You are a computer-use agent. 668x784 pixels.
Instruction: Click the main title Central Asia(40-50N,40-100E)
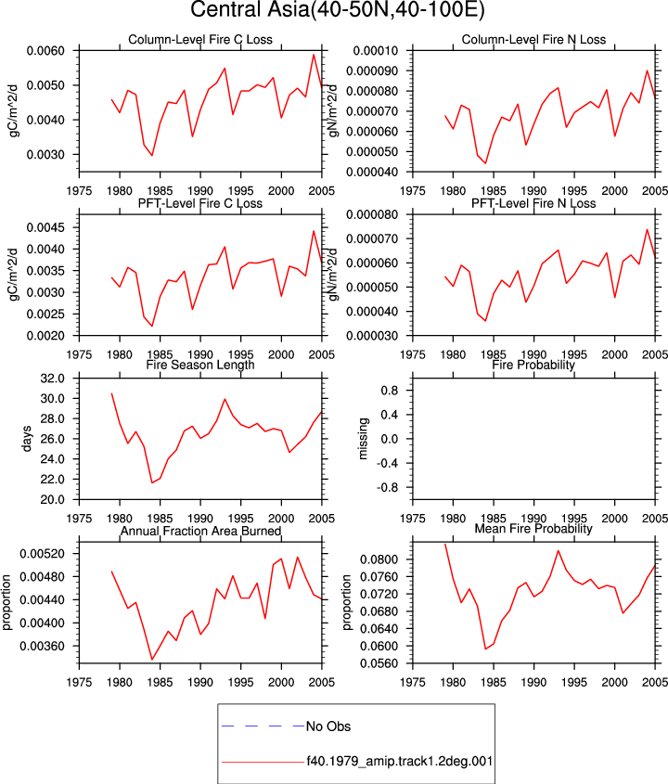[x=338, y=9]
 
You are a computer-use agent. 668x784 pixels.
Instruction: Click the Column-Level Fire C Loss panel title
[x=200, y=40]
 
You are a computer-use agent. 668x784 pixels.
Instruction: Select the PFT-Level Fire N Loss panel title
[x=533, y=203]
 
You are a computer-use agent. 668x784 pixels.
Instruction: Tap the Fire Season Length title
[x=200, y=365]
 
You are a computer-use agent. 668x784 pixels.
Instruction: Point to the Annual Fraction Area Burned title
[x=200, y=531]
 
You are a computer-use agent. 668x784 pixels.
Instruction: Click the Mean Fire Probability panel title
[x=533, y=529]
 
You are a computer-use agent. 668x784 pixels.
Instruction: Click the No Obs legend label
[x=328, y=726]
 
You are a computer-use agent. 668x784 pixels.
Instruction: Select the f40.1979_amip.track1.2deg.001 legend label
[x=400, y=761]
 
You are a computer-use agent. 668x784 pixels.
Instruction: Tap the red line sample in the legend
[x=263, y=762]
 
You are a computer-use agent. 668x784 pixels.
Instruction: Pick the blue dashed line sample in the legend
[x=263, y=726]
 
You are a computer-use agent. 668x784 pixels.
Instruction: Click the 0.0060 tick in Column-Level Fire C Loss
[x=45, y=51]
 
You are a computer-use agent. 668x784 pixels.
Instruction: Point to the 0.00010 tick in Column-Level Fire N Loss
[x=376, y=51]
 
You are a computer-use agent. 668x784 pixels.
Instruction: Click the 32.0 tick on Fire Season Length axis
[x=53, y=379]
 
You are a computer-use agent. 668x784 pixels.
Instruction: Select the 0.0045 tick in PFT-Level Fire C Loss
[x=45, y=228]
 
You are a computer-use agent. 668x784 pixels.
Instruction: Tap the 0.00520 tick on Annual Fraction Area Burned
[x=43, y=554]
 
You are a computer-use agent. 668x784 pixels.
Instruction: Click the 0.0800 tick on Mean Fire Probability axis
[x=379, y=559]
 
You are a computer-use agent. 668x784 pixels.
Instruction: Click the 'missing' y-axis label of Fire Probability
[x=364, y=439]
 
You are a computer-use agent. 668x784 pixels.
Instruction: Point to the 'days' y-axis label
[x=27, y=439]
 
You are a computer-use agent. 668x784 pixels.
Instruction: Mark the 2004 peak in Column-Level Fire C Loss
[x=314, y=55]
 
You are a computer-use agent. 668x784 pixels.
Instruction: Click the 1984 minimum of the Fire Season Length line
[x=152, y=482]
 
